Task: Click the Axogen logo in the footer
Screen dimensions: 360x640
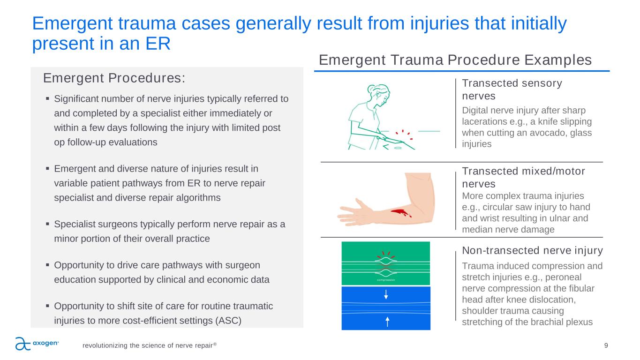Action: [x=37, y=344]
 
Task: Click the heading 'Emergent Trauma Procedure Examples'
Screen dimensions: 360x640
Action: [x=455, y=60]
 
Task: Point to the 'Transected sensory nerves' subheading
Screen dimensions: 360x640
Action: [x=512, y=89]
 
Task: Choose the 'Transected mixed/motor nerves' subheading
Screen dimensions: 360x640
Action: [x=524, y=177]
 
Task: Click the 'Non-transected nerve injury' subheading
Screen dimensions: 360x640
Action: [x=532, y=250]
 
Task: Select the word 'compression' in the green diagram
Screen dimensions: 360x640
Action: [x=386, y=280]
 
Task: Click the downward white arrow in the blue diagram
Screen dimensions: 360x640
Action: [x=386, y=294]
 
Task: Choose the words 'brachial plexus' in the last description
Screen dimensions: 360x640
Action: [x=574, y=322]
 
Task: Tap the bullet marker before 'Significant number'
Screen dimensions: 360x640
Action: [x=48, y=99]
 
